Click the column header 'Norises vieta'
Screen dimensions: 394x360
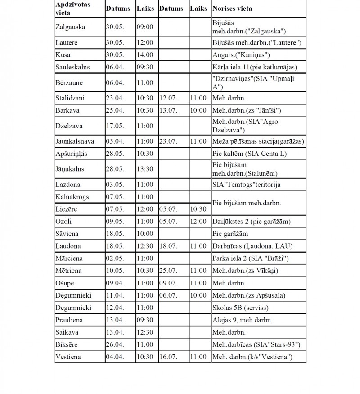(x=232, y=9)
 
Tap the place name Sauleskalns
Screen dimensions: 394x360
(x=72, y=67)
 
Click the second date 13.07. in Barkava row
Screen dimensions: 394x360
(x=167, y=110)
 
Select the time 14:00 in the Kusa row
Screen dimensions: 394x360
(x=144, y=55)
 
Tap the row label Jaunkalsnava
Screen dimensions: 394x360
(x=75, y=141)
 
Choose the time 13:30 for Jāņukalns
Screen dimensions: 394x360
(x=144, y=169)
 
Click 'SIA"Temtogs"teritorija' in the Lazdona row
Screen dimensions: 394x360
(x=244, y=185)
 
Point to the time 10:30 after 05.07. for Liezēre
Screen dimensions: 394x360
(x=198, y=209)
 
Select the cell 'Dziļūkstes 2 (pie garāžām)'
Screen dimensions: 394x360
(x=251, y=222)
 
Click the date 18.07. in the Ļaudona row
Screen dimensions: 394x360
(x=167, y=246)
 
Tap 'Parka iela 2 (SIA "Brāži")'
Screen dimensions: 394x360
(x=250, y=259)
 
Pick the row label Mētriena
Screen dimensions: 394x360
(x=70, y=271)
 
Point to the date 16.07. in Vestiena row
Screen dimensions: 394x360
(x=167, y=357)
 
